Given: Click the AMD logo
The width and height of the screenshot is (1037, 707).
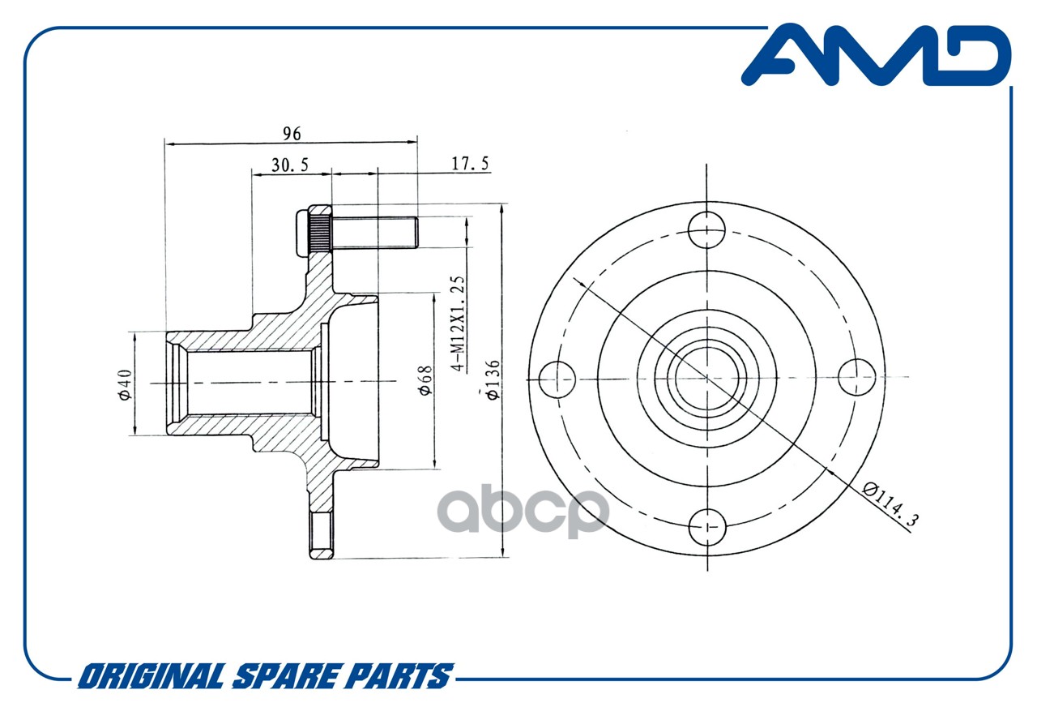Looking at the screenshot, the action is click(x=876, y=55).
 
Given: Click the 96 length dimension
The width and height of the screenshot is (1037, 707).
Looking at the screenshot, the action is click(x=292, y=134).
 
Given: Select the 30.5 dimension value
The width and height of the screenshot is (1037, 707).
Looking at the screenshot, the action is click(x=290, y=165).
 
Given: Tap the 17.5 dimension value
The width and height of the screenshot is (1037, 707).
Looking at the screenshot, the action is click(x=470, y=164).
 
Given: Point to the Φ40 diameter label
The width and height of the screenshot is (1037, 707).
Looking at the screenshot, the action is click(x=125, y=384).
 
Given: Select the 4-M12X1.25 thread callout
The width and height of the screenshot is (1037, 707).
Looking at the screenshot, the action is click(x=458, y=324).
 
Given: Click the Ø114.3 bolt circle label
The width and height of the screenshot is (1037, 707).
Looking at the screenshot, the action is click(x=890, y=504).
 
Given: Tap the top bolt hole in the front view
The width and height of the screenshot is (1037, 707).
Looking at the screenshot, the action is click(x=706, y=229).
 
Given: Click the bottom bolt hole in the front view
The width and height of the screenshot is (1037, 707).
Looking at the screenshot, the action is click(x=707, y=527).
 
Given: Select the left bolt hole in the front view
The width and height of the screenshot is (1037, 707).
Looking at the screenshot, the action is click(x=557, y=379).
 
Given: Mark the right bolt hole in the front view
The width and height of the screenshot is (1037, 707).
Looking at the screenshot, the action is click(x=857, y=377).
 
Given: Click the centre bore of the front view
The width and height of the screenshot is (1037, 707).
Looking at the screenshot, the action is click(x=707, y=379).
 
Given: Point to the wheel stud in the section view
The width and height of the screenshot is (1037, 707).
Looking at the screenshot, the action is click(x=374, y=233).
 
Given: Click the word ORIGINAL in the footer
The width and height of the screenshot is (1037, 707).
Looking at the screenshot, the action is click(x=151, y=676).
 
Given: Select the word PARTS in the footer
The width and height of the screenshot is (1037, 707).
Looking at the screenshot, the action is click(x=398, y=676).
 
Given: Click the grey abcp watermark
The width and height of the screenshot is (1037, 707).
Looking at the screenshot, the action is click(x=523, y=510).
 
